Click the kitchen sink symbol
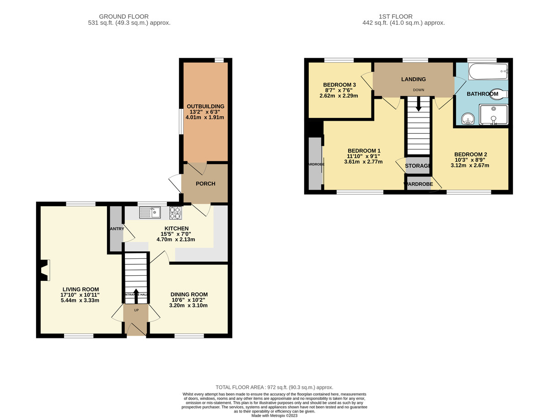pyautogui.click(x=150, y=212)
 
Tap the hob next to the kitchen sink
pyautogui.click(x=176, y=212)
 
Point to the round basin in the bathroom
pyautogui.click(x=467, y=120)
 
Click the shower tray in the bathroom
pyautogui.click(x=493, y=114)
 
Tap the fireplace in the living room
pyautogui.click(x=44, y=270)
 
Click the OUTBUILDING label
pyautogui.click(x=205, y=107)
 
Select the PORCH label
pyautogui.click(x=205, y=184)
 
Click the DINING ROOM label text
pyautogui.click(x=189, y=295)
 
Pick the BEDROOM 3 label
pyautogui.click(x=339, y=85)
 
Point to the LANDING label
pyautogui.click(x=414, y=80)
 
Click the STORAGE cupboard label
pyautogui.click(x=418, y=166)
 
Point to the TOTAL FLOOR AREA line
pyautogui.click(x=274, y=387)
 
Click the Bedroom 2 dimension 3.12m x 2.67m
pyautogui.click(x=470, y=166)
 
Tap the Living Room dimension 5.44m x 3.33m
pyautogui.click(x=81, y=300)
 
